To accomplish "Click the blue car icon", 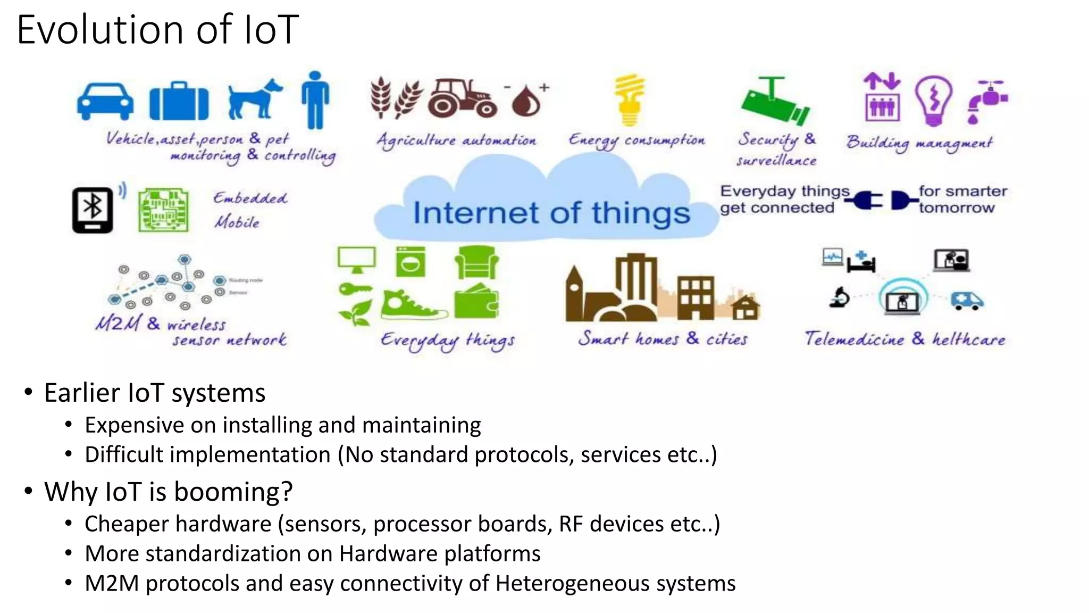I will (105, 101).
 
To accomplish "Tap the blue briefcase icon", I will (179, 102).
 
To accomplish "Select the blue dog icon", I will (254, 99).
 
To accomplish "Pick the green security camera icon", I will (775, 101).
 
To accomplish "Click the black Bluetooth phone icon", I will (93, 210).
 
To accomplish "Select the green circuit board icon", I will (163, 210).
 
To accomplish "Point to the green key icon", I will (355, 291).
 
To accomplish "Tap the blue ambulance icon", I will (967, 301).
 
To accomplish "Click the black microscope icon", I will (840, 297).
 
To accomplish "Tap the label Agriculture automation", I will (456, 140).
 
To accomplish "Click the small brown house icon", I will (745, 307).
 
